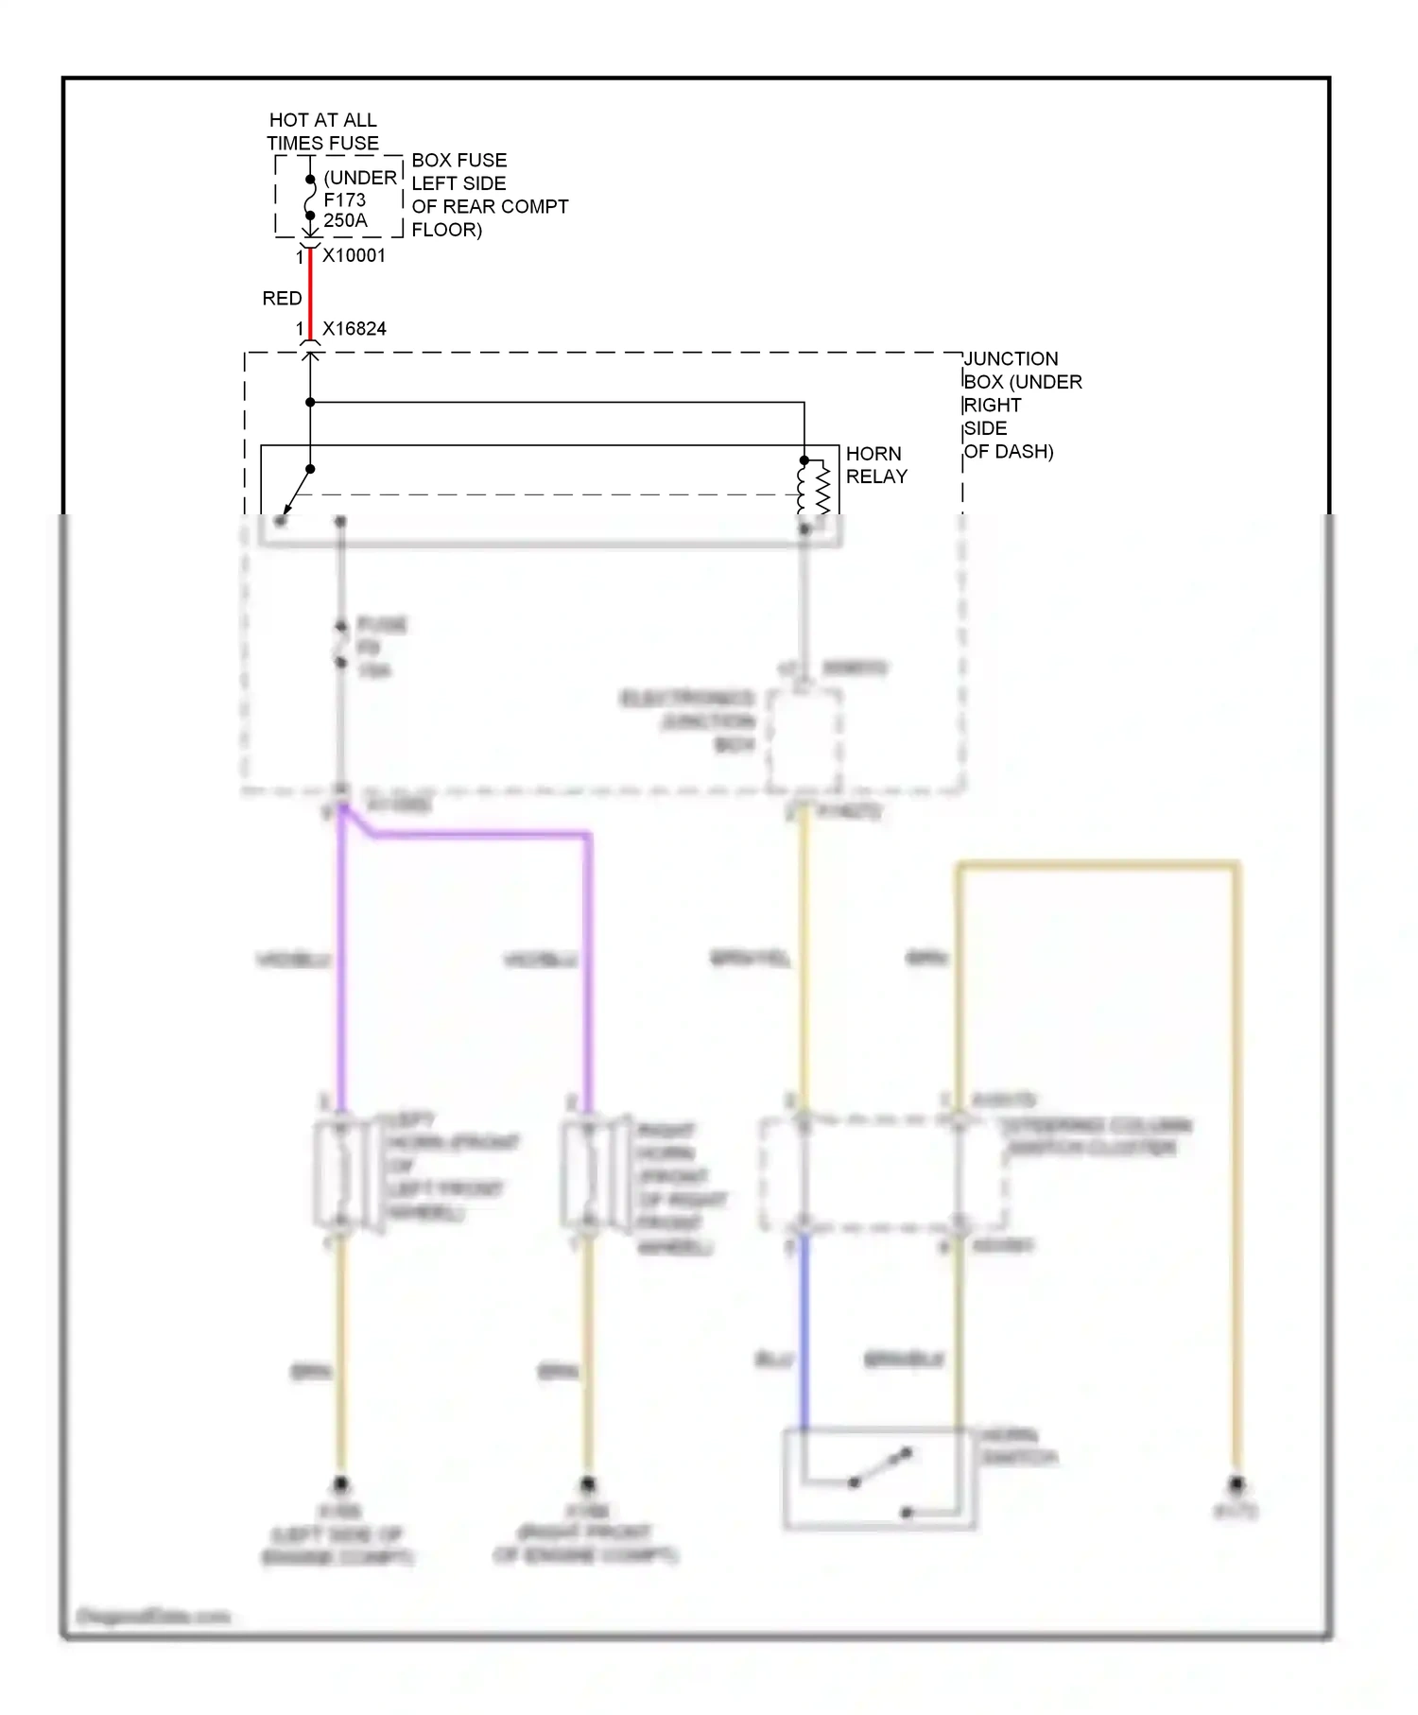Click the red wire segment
coord(310,298)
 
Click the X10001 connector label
coord(354,255)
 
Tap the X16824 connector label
coord(354,329)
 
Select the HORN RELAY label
coord(875,465)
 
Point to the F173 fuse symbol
coord(310,199)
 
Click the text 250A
coord(345,221)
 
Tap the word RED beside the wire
coord(282,298)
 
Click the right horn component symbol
coord(589,1174)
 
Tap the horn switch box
coord(879,1478)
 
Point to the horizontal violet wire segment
coord(482,835)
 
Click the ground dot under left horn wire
coord(341,1484)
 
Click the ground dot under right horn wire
coord(587,1484)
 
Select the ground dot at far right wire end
coord(1236,1484)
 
